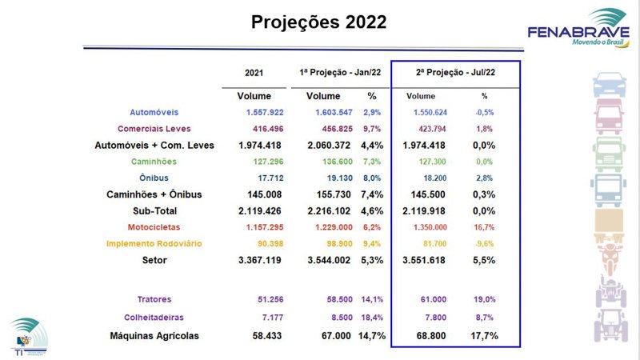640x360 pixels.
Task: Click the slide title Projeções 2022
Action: click(x=319, y=22)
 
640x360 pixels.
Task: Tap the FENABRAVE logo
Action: click(x=578, y=29)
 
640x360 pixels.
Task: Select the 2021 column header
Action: click(x=254, y=73)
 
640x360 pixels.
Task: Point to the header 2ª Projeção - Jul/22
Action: click(x=455, y=73)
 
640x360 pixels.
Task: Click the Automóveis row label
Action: click(x=154, y=112)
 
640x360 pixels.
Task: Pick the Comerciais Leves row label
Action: click(x=154, y=129)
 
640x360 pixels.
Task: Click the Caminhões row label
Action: click(x=154, y=162)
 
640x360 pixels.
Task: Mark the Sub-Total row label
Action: click(x=154, y=210)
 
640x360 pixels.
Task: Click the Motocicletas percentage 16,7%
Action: click(x=484, y=227)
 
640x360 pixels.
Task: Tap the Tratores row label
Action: click(x=154, y=299)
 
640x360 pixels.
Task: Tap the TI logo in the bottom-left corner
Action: click(x=24, y=337)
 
